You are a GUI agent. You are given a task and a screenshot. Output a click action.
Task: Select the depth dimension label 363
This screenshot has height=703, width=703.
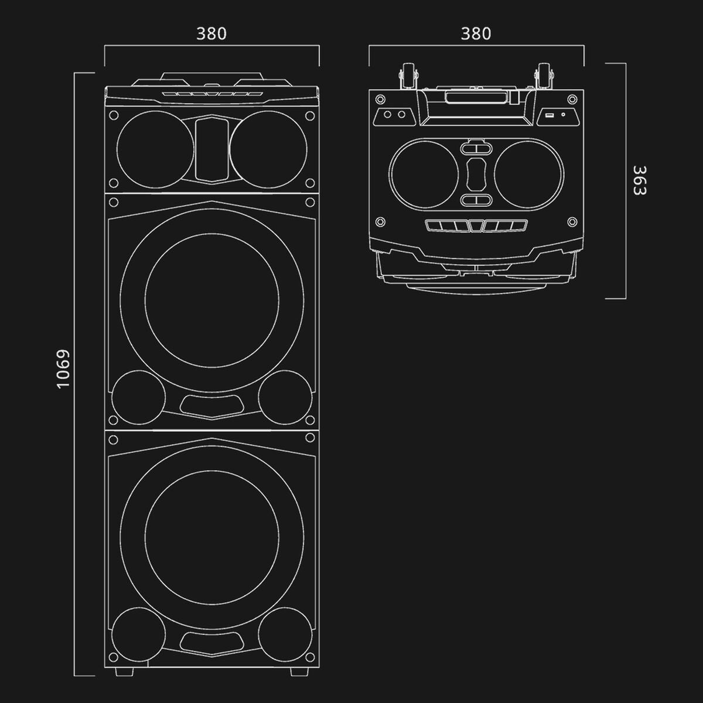(639, 180)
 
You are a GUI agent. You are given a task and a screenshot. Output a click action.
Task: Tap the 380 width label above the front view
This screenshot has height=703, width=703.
(211, 34)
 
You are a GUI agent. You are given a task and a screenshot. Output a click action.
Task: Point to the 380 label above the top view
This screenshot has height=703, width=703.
(476, 34)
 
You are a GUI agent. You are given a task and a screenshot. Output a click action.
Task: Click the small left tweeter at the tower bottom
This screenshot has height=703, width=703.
(139, 633)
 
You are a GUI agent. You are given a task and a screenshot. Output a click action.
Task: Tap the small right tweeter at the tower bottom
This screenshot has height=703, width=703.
(285, 633)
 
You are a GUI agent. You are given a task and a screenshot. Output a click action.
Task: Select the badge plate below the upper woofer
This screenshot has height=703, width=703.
(212, 404)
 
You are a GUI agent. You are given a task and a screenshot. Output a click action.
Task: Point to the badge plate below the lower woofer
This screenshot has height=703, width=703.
(212, 641)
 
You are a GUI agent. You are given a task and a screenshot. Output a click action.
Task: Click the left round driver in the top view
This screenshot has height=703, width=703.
(424, 174)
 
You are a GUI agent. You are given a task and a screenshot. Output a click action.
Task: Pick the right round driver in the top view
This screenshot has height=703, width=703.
(528, 174)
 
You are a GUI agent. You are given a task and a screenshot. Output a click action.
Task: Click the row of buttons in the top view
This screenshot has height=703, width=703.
(476, 226)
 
